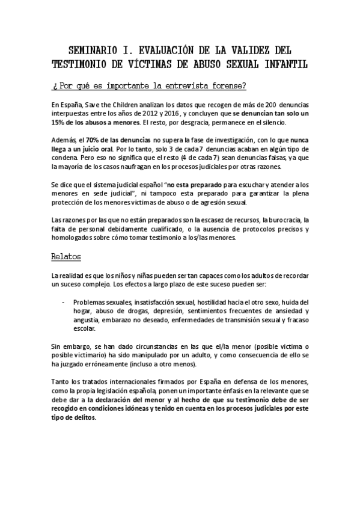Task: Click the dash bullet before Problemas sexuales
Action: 64,303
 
